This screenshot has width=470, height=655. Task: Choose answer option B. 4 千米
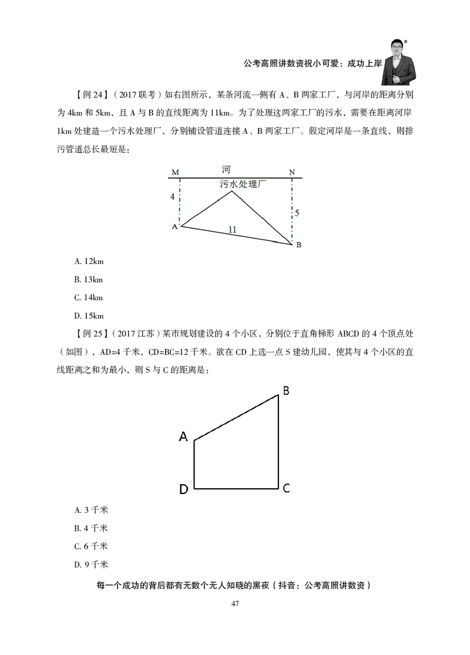[x=91, y=528]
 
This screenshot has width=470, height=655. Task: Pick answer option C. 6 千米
[x=91, y=546]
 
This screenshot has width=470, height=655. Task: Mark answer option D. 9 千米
[x=91, y=565]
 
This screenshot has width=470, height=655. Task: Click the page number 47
[x=235, y=604]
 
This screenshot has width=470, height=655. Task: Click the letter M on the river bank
[x=175, y=172]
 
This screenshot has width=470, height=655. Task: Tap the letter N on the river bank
[x=292, y=172]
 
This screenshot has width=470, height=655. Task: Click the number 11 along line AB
[x=232, y=230]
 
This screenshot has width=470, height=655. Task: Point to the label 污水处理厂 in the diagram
[x=243, y=184]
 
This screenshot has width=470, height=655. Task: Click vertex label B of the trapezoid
[x=286, y=391]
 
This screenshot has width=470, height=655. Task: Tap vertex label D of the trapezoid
[x=183, y=490]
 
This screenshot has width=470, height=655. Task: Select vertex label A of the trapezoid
[x=183, y=436]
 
